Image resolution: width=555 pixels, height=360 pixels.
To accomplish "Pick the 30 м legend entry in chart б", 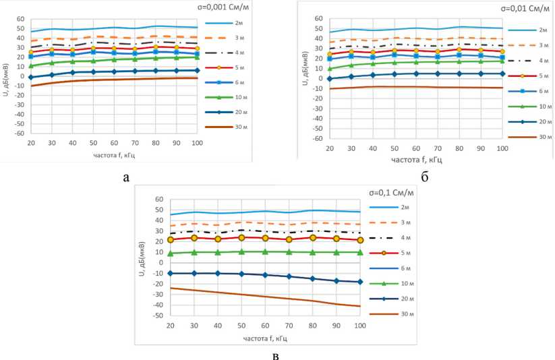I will pos(527,137).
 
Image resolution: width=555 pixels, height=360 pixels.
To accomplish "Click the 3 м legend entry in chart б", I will pos(527,45).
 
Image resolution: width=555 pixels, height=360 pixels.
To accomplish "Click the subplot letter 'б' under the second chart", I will pos(426,178).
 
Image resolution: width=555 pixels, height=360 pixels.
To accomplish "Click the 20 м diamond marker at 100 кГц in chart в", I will pos(360,282).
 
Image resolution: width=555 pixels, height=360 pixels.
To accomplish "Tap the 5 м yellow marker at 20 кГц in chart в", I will pos(171,239).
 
